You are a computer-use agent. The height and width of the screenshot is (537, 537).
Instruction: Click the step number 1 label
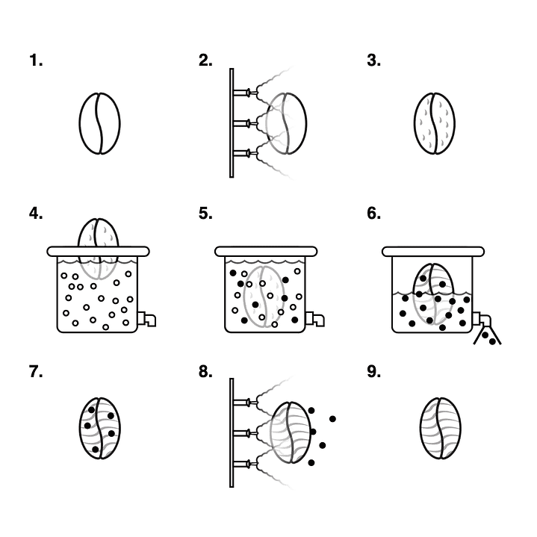pos(36,60)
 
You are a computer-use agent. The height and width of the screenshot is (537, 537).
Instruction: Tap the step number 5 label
pos(205,214)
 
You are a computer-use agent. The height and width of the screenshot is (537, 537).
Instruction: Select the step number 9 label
pos(373,372)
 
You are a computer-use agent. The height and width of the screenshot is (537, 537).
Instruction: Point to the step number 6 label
pos(373,214)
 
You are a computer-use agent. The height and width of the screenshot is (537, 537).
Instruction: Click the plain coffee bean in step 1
pos(99,123)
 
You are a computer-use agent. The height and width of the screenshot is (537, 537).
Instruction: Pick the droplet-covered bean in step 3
pos(435,123)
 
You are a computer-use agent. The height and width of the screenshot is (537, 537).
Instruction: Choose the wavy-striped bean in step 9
pos(441,428)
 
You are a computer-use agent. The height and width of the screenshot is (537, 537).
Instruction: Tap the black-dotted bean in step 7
pos(99,428)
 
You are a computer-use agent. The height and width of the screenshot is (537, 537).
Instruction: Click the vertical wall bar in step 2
pos(232,123)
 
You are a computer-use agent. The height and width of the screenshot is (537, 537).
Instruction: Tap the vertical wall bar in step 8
pos(232,432)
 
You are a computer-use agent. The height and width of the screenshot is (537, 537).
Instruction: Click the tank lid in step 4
pos(99,252)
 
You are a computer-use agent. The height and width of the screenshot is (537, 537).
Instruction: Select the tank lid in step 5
pos(266,252)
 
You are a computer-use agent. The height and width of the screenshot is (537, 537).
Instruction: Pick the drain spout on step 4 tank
pos(146,319)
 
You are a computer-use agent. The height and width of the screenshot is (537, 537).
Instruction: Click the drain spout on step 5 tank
pos(314,319)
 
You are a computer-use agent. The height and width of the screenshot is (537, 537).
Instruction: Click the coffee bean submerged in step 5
pos(264,297)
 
